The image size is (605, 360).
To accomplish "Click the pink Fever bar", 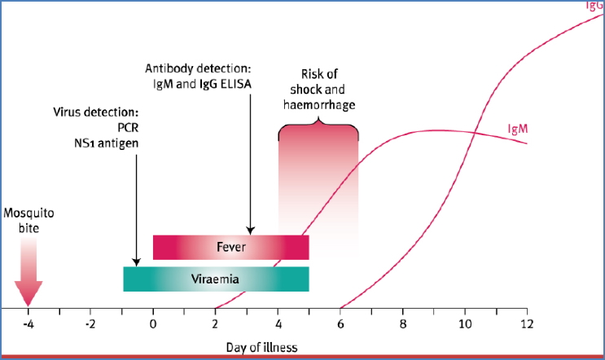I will coord(231,246).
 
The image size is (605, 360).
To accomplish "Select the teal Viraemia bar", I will coord(216,279).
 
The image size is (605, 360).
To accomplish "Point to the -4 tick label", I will coord(28,323).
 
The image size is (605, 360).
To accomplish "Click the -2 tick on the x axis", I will coord(90,323).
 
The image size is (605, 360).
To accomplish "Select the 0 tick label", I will coord(153,323).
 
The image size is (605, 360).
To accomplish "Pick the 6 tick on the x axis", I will coord(340,323).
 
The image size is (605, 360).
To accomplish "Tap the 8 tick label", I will coord(403,323).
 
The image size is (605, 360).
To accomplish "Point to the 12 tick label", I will coord(527,323).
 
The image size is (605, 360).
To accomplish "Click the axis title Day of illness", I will coord(261,348).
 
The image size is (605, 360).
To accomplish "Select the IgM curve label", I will coord(520,130).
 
